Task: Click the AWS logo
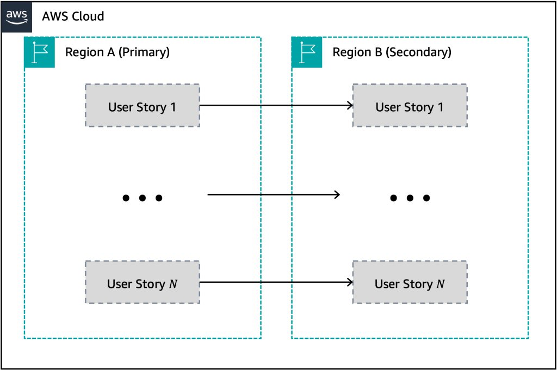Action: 17,17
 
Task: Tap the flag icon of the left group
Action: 40,53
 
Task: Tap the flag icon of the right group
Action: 307,53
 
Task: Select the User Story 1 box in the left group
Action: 142,106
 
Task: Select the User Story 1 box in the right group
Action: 410,106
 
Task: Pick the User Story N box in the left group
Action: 142,282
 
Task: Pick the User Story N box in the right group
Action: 410,282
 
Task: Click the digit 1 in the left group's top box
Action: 173,107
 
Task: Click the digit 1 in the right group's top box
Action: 441,107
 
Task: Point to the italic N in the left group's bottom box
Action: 173,284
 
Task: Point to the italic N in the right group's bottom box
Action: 441,284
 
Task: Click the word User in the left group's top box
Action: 121,107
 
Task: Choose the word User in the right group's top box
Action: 388,107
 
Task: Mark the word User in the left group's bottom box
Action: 120,284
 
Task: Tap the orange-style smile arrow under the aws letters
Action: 17,22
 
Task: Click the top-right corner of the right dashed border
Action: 528,37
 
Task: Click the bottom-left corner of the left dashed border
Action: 24,338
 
